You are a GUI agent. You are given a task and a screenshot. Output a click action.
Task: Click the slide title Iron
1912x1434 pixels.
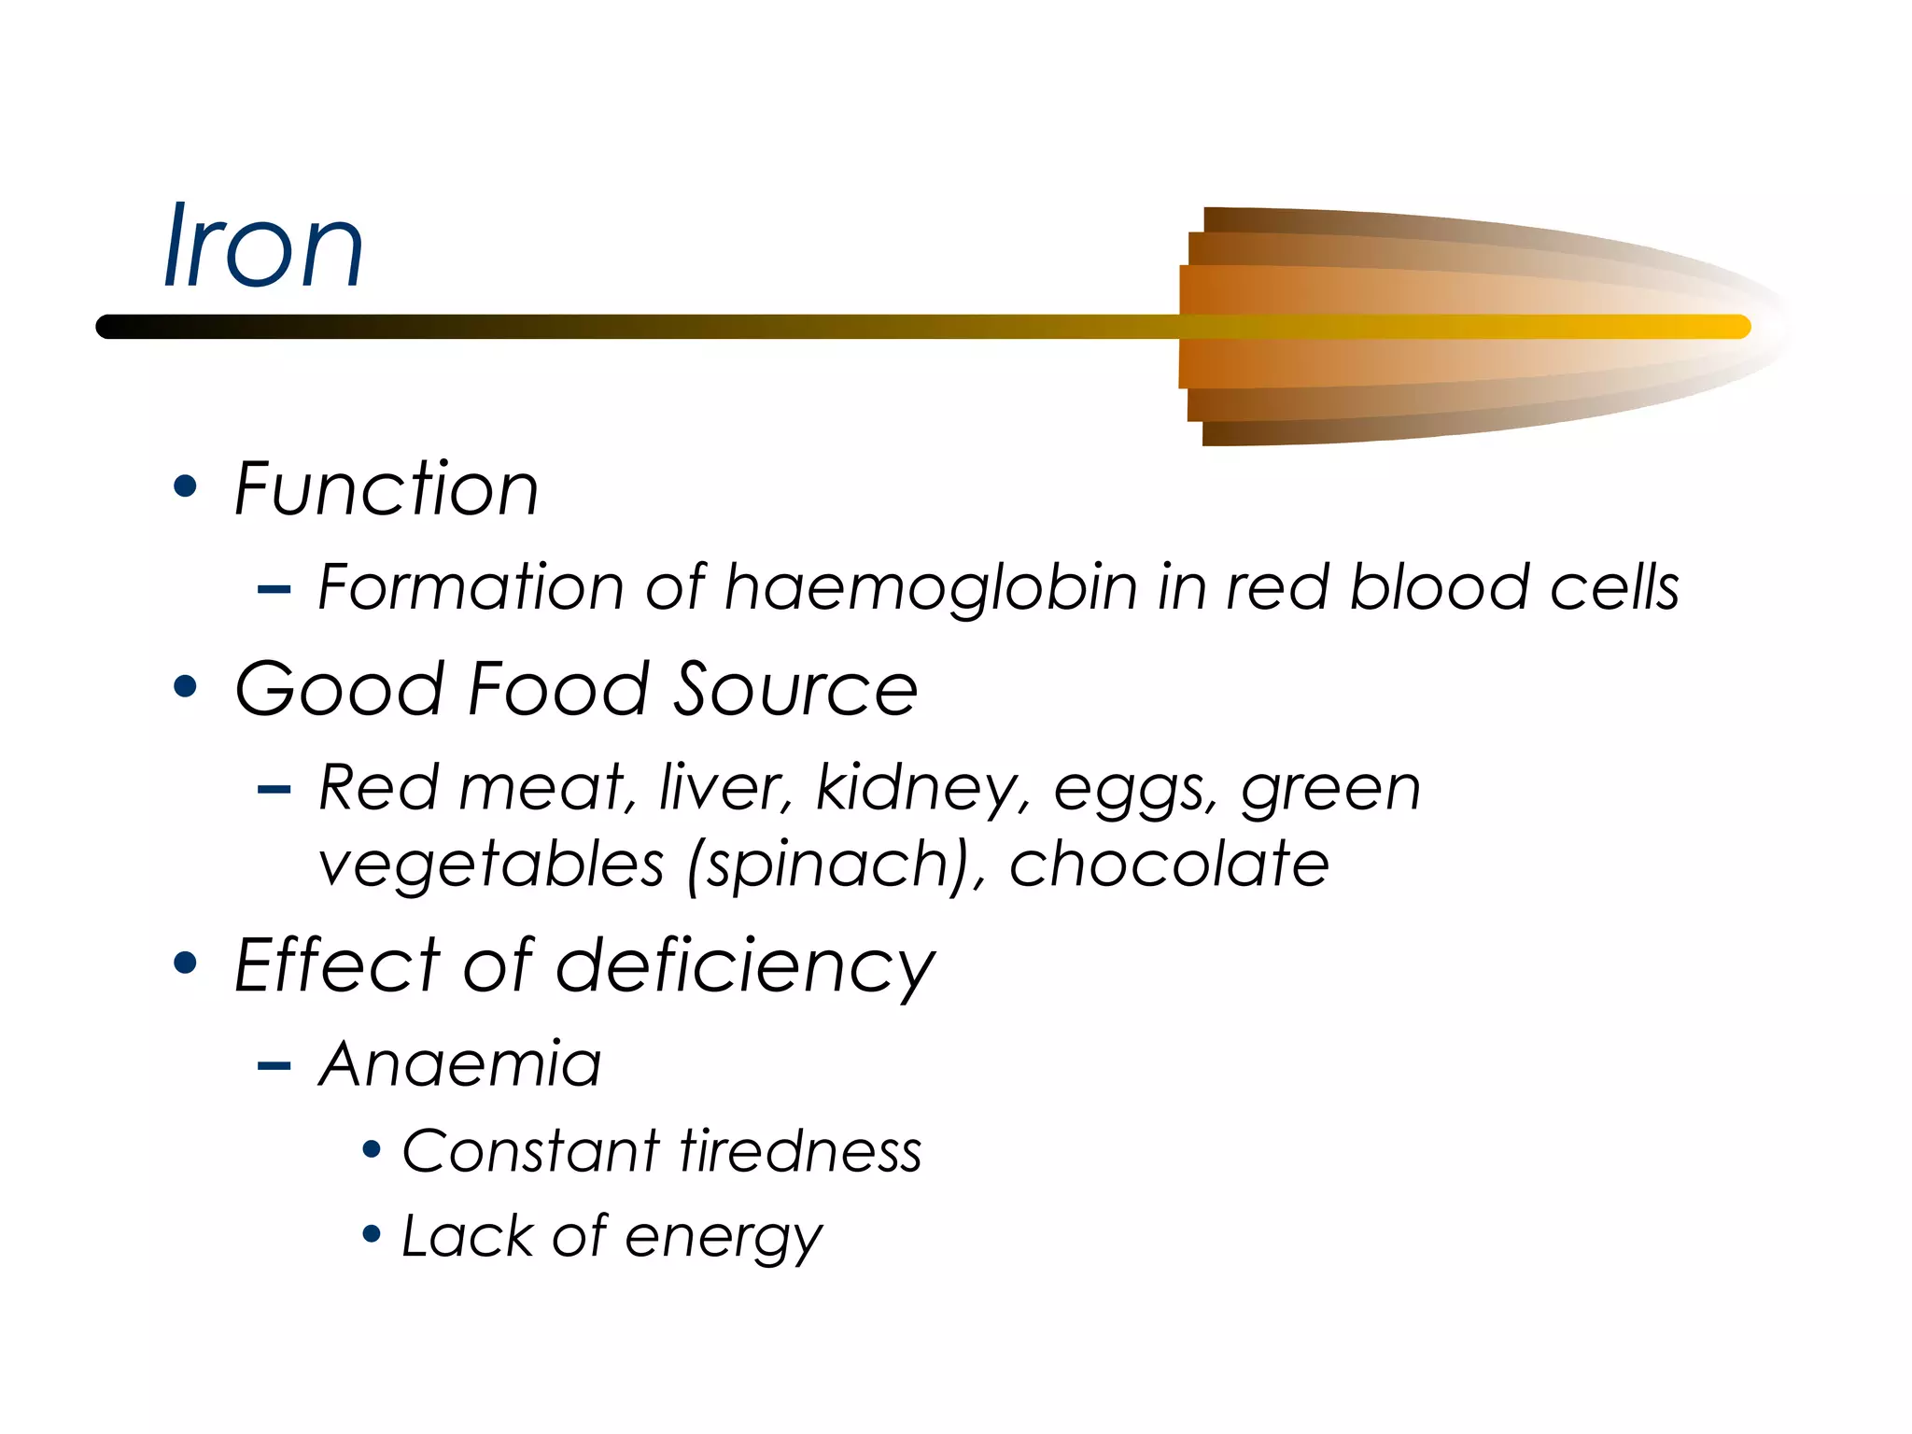[263, 246]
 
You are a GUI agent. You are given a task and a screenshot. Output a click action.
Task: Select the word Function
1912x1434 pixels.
[387, 489]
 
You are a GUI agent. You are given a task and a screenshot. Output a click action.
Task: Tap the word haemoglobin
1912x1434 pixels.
[931, 588]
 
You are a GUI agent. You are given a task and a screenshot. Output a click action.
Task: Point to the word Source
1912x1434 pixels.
[795, 689]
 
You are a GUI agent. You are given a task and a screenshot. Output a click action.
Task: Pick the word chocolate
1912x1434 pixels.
[1169, 864]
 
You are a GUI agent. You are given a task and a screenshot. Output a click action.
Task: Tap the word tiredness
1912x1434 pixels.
[801, 1150]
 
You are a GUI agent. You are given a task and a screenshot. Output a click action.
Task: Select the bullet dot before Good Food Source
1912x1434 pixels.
[186, 686]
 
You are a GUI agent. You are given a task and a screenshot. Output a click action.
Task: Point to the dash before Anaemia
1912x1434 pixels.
[274, 1065]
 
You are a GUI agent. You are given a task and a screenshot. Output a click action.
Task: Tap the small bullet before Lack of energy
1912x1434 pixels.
[372, 1235]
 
